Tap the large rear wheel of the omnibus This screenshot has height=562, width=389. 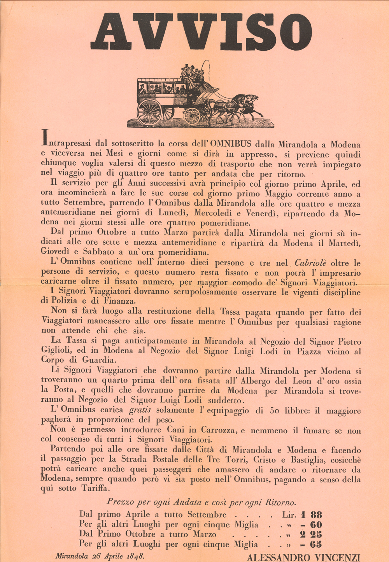tap(149, 112)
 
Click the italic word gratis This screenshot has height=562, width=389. tap(140, 410)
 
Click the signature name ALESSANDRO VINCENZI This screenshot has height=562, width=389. tap(303, 557)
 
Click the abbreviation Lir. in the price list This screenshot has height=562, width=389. tap(289, 515)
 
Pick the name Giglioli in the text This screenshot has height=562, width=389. tap(57, 350)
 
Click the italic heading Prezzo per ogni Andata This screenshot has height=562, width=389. tap(201, 502)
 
